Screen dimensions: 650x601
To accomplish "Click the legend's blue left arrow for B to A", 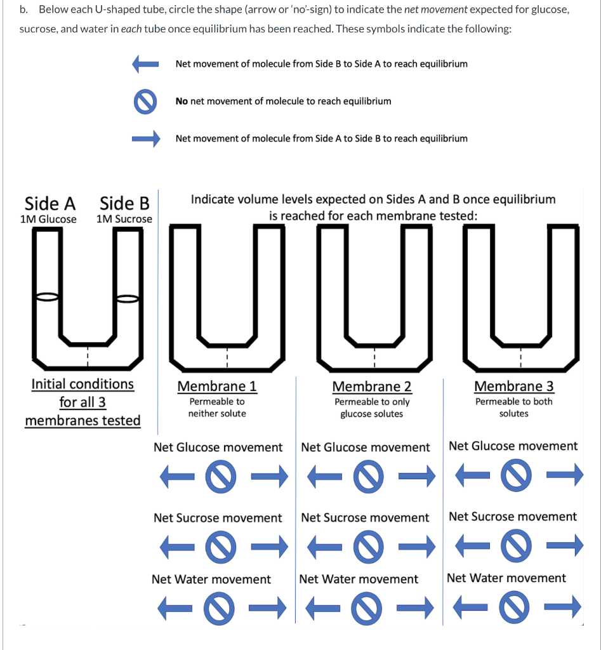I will (144, 63).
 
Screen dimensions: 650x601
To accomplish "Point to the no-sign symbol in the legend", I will (145, 102).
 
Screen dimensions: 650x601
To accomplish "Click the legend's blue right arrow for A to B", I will (144, 139).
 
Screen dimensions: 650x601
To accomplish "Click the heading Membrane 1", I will (217, 386).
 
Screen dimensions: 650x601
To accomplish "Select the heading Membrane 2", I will (372, 386).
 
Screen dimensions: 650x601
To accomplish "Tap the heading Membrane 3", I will (514, 386).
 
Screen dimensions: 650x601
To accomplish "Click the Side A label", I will (50, 203).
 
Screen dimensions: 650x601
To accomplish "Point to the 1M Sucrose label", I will (124, 219).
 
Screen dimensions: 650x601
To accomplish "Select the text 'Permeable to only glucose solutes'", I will (372, 408).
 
